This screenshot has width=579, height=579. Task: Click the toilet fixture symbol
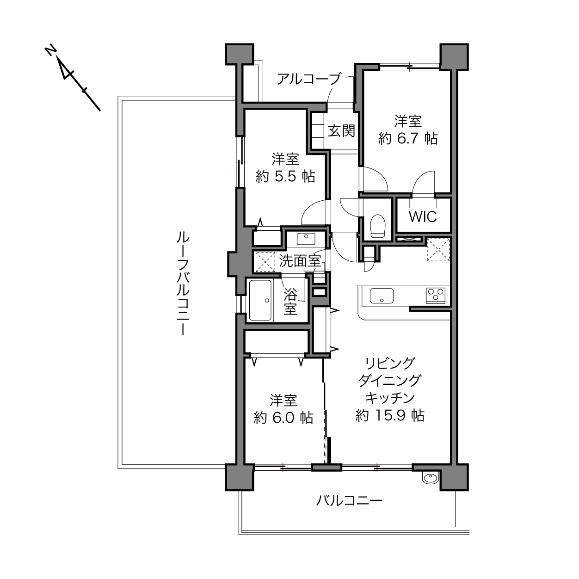pos(378,226)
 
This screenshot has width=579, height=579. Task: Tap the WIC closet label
pos(422,216)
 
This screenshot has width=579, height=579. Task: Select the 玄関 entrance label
pos(341,131)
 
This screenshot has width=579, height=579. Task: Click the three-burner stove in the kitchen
pos(436,296)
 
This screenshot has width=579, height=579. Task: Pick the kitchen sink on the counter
pos(382,296)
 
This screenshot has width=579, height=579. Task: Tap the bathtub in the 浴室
pos(260,301)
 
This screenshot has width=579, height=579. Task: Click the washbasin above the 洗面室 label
pos(306,239)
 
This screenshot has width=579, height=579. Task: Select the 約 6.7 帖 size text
pos(408,139)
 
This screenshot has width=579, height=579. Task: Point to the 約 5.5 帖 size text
pos(285,176)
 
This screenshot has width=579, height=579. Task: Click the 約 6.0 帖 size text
pos(283,418)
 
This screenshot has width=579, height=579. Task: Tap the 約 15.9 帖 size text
pos(390,416)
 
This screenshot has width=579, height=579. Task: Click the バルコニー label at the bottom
pos(349,501)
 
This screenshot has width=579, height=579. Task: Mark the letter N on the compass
pos(50,51)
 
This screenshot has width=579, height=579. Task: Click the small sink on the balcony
pos(431,478)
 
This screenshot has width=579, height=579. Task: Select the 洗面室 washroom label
pos(300,261)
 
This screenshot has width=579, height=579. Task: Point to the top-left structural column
pos(240,54)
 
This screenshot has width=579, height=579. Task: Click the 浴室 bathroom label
pos(290,302)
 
